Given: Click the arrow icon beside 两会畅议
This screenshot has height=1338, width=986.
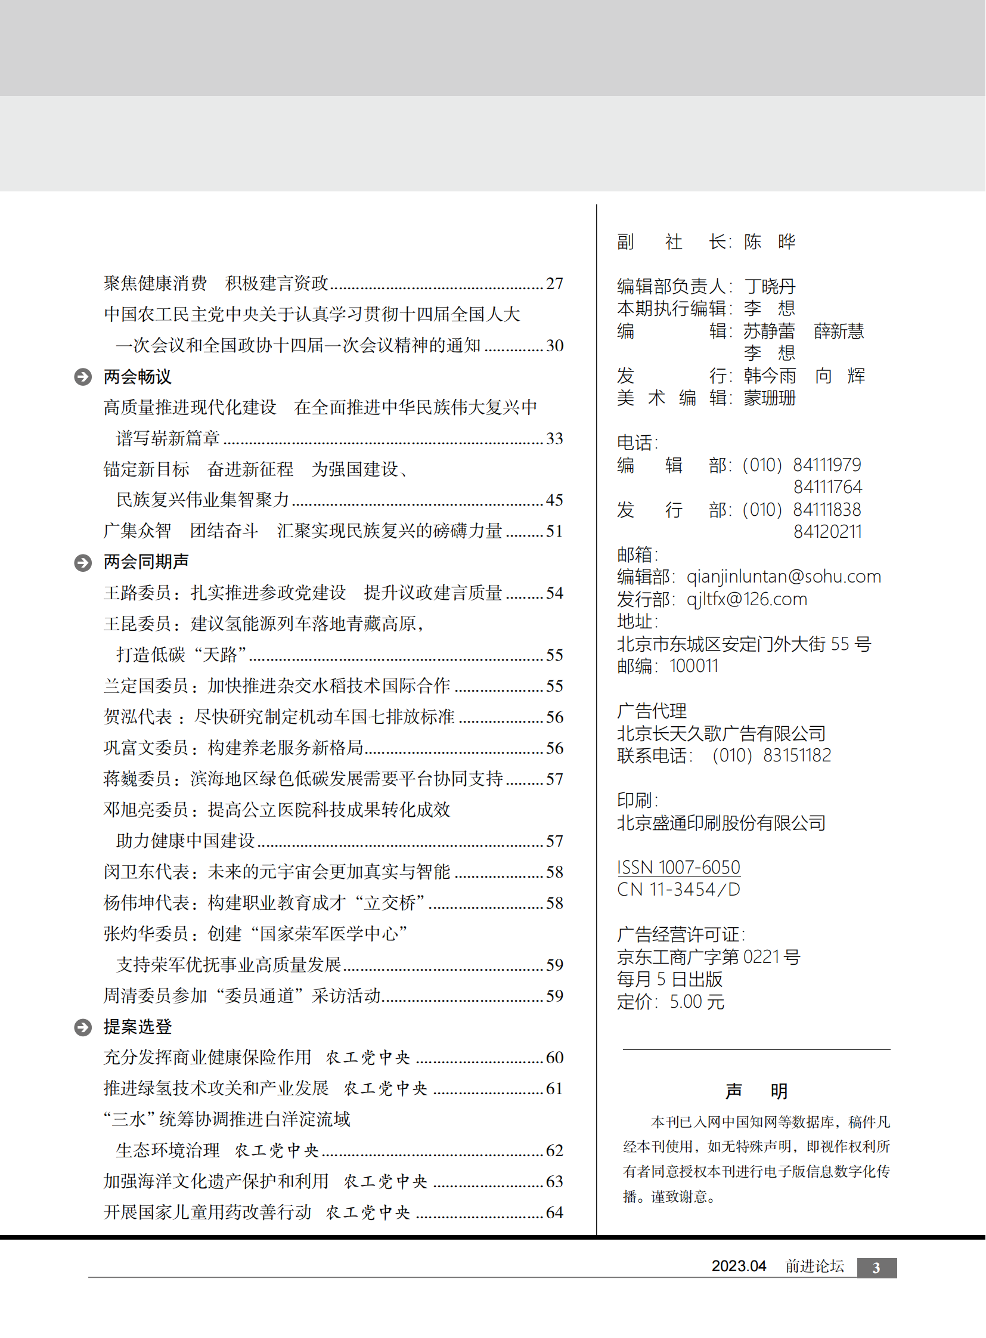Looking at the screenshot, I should [x=83, y=377].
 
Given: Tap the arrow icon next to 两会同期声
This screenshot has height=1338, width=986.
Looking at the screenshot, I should [x=83, y=562].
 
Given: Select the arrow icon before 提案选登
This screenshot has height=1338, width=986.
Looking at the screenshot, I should [x=83, y=1027].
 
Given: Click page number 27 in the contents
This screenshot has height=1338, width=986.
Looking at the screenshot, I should [x=554, y=284].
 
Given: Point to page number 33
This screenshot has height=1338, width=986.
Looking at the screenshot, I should [x=554, y=439].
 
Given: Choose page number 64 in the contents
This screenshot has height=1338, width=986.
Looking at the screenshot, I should [x=554, y=1213].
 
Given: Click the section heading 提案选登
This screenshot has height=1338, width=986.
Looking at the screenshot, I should [x=138, y=1027].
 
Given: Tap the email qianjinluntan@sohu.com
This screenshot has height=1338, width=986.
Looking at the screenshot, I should [x=784, y=577].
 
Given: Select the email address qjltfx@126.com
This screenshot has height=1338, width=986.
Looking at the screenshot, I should [x=747, y=599].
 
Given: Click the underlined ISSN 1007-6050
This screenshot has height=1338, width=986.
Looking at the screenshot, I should [x=678, y=867].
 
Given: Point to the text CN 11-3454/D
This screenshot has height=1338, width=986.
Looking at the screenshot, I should [x=678, y=890].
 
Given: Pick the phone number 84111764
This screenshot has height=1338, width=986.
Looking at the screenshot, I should [x=827, y=487].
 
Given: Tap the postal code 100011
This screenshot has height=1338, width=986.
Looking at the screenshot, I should [x=693, y=666].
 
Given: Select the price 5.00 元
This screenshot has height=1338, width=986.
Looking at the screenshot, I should [x=696, y=1002].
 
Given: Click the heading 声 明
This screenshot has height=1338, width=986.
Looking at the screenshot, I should [x=756, y=1091].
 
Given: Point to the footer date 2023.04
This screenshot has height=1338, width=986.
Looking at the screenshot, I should [x=738, y=1266].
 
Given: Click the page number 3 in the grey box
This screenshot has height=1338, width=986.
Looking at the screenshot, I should [x=876, y=1268].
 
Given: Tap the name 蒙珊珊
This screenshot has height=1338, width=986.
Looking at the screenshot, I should [x=770, y=398].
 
